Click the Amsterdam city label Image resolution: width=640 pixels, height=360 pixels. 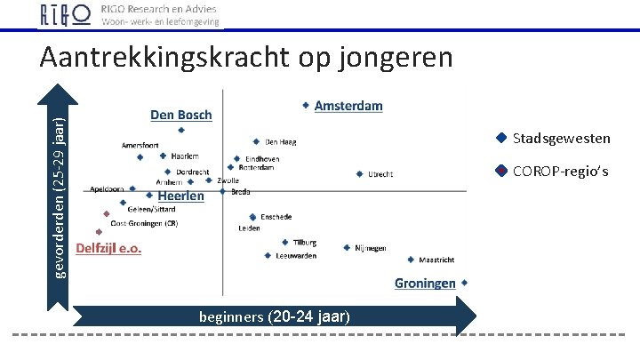point(348,106)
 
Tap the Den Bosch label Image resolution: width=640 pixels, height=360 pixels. point(180,115)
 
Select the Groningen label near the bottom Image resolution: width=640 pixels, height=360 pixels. point(426,283)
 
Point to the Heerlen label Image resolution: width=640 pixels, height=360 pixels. point(180,196)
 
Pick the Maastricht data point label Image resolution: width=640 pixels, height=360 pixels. point(436,260)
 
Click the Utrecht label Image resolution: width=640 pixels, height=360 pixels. point(380,174)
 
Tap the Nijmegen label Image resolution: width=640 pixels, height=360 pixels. point(370,249)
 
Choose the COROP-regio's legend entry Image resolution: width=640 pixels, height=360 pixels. point(561,171)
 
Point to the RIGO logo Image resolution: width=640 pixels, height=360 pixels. point(65,15)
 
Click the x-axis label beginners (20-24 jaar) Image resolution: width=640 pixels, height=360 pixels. point(275,316)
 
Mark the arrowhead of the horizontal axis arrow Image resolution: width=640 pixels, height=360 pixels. point(467,316)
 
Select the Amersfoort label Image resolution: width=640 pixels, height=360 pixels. point(140,145)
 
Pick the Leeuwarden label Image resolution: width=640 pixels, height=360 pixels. point(296,256)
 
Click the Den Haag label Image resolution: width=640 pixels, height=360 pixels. point(282,141)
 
